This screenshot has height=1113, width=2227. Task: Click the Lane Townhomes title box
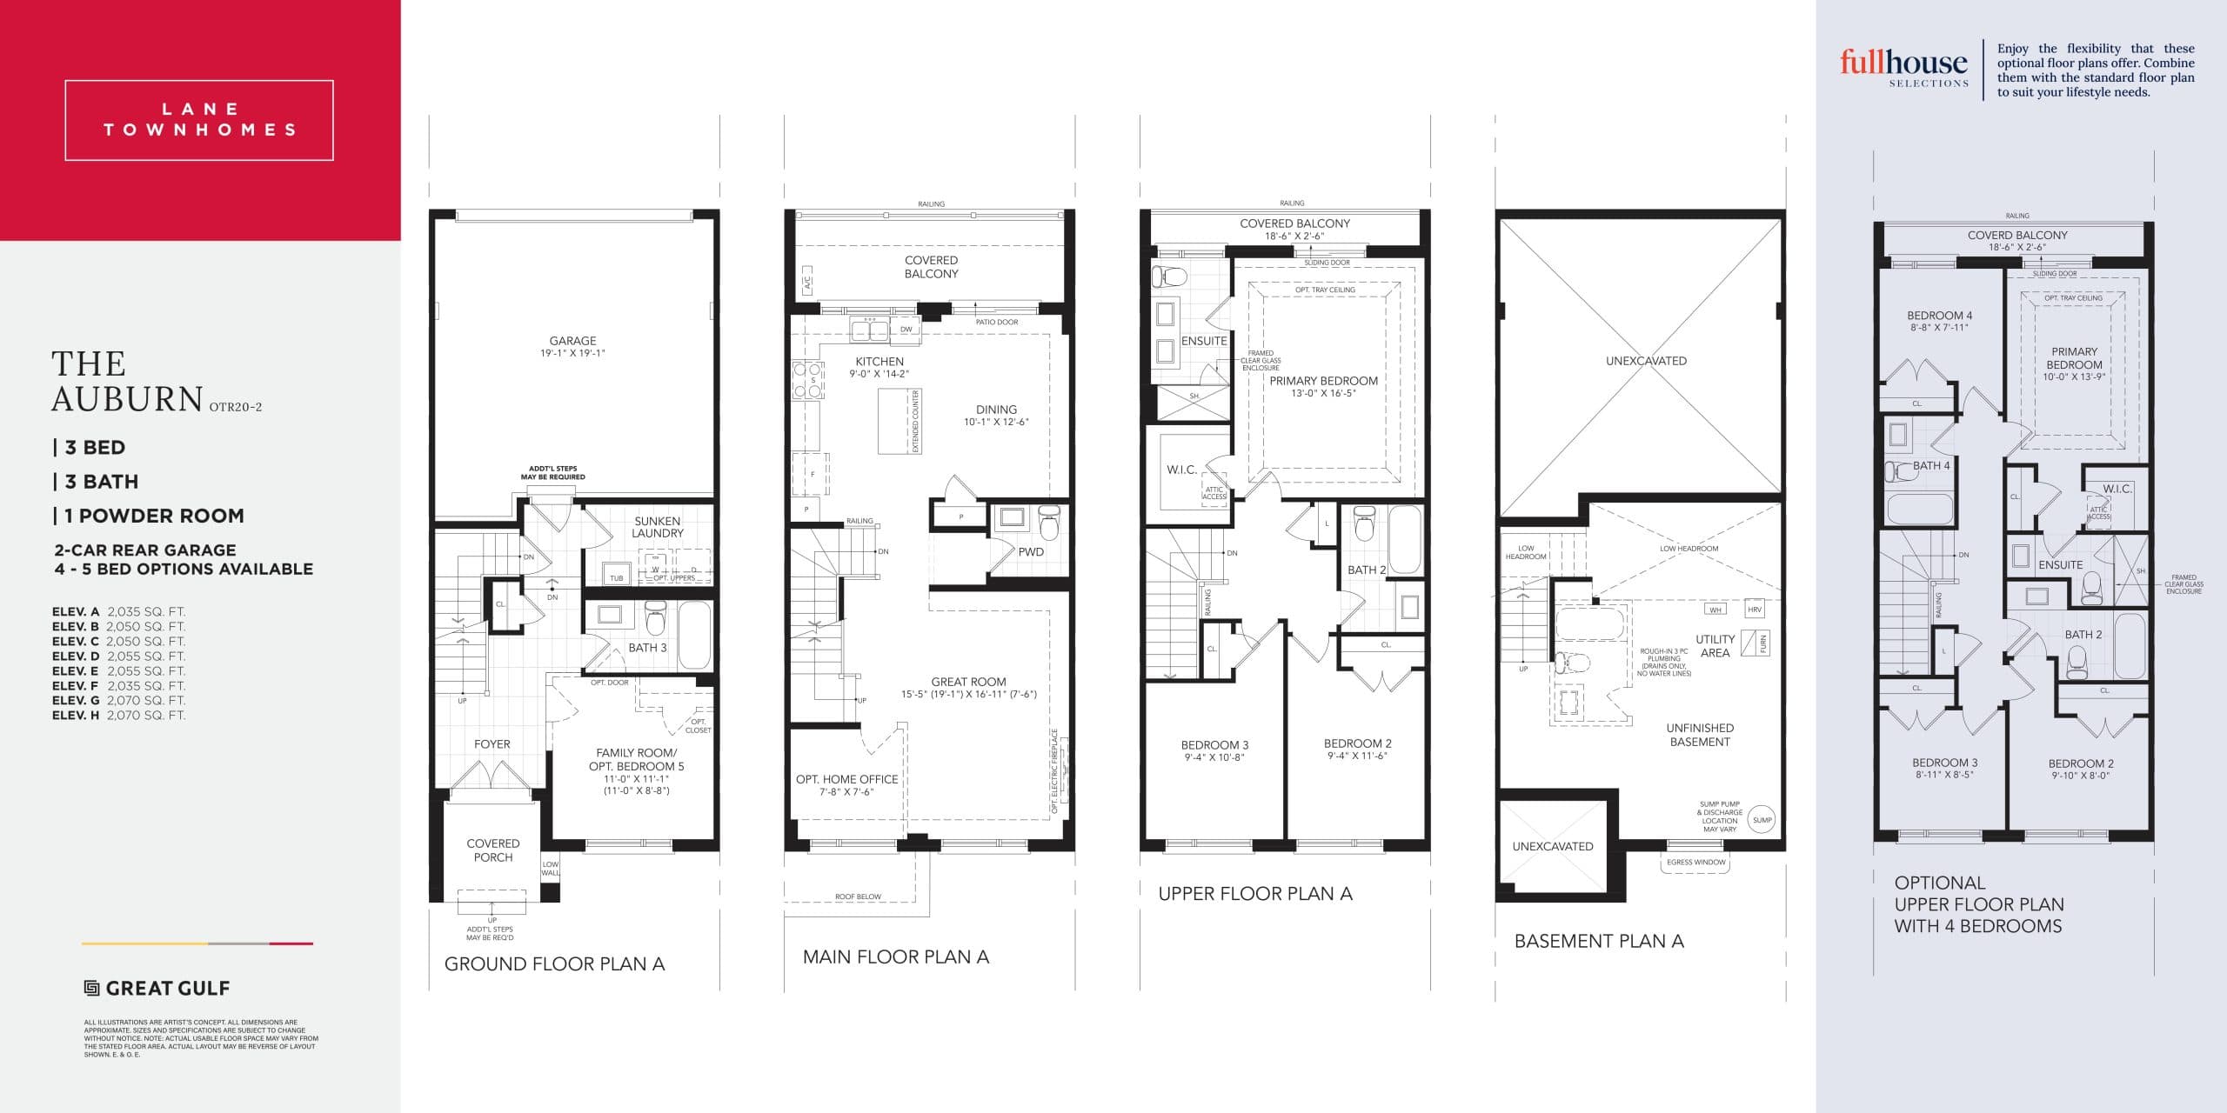[x=199, y=120]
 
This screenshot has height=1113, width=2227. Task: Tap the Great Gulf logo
[x=157, y=988]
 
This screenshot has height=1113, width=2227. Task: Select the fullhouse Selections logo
[x=1903, y=66]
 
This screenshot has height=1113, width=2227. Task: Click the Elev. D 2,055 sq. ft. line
[x=118, y=656]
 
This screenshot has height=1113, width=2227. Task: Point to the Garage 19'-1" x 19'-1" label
[x=572, y=347]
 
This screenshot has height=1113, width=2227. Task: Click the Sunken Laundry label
[x=658, y=527]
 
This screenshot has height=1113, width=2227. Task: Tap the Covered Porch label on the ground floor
[x=493, y=850]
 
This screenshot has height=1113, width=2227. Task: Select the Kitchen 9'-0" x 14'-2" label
[x=879, y=367]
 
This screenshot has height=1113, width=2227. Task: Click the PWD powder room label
[x=1031, y=551]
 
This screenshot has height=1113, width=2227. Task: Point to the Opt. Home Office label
[x=846, y=785]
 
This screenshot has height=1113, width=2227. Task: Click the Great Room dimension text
[x=968, y=694]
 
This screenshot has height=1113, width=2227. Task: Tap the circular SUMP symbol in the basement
[x=1762, y=820]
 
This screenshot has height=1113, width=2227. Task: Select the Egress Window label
[x=1696, y=863]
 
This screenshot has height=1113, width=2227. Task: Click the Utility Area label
[x=1715, y=646]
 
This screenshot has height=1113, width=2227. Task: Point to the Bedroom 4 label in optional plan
[x=1939, y=321]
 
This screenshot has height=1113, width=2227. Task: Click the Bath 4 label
[x=1931, y=465]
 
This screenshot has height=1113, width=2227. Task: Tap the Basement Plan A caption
[x=1599, y=941]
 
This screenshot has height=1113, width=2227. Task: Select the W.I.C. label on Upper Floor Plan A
[x=1181, y=470]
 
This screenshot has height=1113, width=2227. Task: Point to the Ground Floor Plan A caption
[x=554, y=963]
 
